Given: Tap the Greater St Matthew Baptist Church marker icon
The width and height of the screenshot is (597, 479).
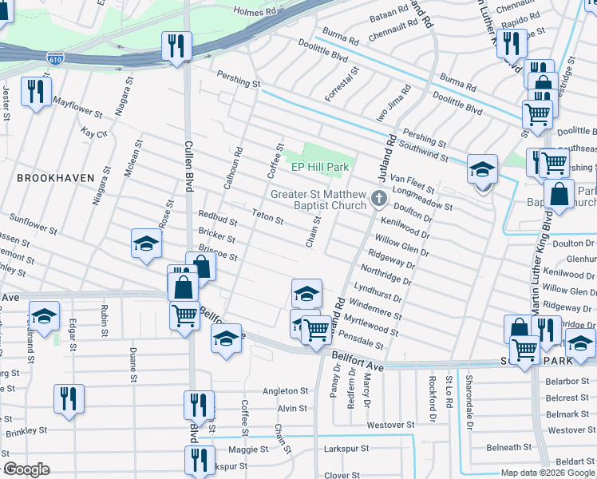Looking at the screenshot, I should point(378,197).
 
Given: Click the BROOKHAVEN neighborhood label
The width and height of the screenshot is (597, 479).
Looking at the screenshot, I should point(55,177).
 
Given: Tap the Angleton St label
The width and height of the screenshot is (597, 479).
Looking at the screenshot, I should point(285,391).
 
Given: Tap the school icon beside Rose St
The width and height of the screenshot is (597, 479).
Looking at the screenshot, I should point(147,243).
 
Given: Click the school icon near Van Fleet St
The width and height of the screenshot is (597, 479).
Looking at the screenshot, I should point(482,170).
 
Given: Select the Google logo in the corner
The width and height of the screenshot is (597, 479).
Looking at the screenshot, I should point(26,469).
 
